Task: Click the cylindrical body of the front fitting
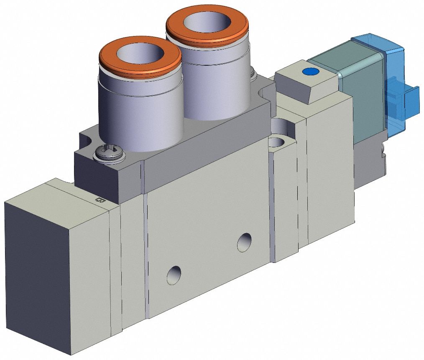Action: pos(140,113)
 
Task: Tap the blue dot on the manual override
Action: pos(310,72)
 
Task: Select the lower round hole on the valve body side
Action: pos(174,275)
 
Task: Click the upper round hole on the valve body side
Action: pos(244,242)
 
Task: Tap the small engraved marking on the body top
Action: pos(100,200)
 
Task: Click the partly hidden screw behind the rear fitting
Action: pos(253,75)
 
